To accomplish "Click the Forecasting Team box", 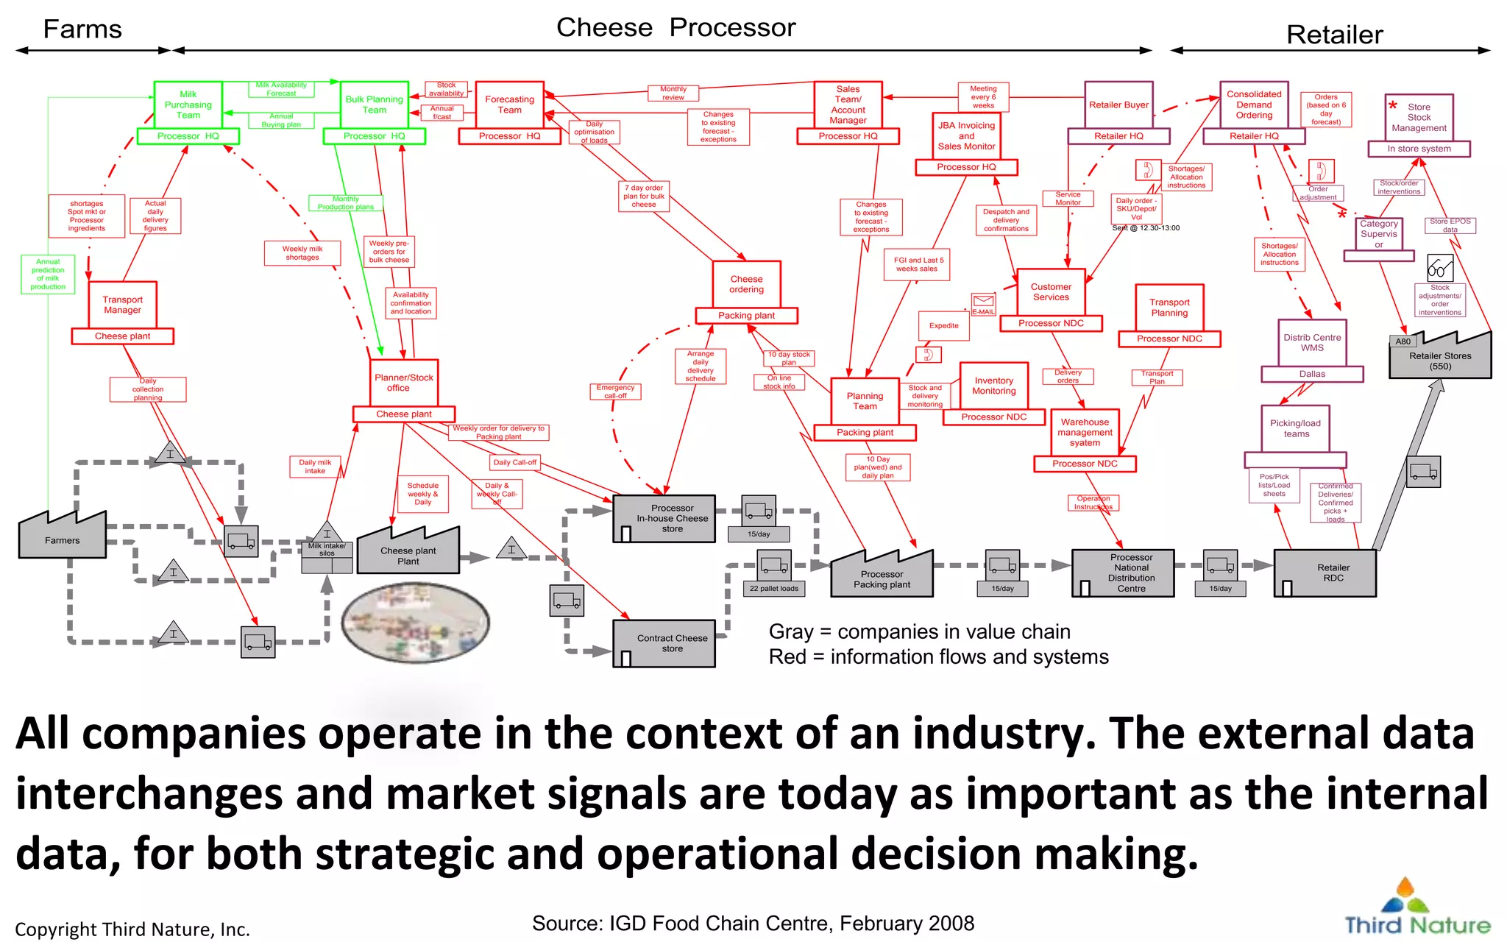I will [509, 105].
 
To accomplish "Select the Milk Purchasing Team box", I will [188, 105].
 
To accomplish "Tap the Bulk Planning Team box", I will [374, 105].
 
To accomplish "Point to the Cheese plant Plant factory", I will [408, 553].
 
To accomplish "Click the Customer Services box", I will [1051, 292].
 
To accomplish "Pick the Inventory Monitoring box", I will [993, 386].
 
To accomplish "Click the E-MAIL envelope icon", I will [983, 301].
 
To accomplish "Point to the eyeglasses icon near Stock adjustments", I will [1439, 268].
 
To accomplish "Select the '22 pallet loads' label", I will [773, 589].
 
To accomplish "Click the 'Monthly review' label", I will [673, 93].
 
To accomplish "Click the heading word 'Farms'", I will [82, 29].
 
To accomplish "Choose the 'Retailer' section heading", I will [1334, 35].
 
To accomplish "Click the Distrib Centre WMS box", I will [1312, 343].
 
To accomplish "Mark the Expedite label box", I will [943, 326].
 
